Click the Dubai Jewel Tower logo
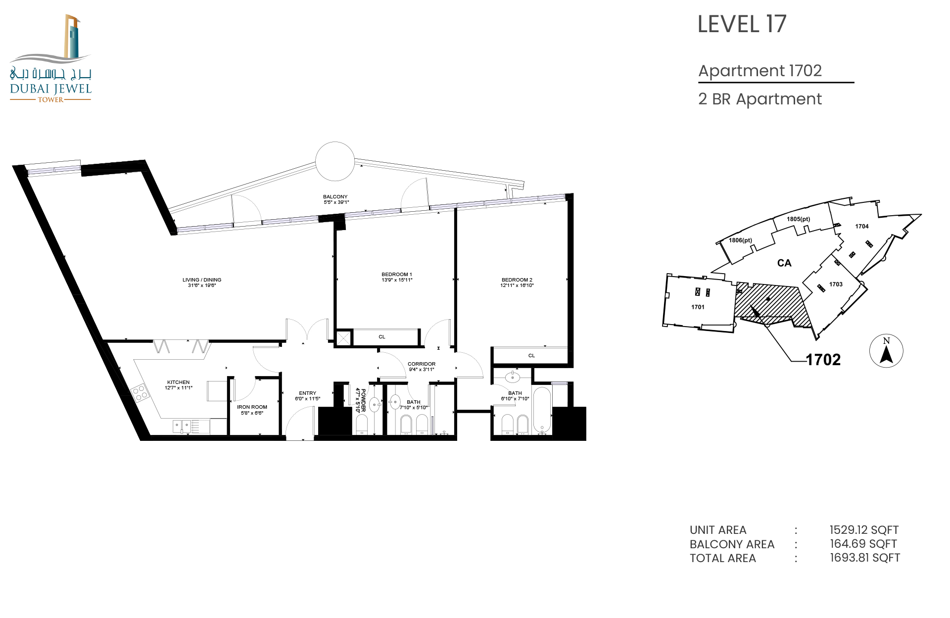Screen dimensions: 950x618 [x=50, y=58]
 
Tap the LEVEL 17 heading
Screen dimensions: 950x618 [x=742, y=24]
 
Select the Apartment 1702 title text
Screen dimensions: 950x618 [x=760, y=71]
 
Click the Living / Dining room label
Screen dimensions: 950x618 [x=202, y=283]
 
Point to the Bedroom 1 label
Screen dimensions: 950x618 [x=397, y=277]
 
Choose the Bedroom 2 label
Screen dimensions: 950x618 [x=517, y=283]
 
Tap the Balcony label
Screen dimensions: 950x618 [x=336, y=199]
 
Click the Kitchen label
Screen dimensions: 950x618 [x=179, y=385]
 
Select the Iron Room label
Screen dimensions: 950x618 [x=252, y=410]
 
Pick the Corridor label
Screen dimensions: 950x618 [x=422, y=367]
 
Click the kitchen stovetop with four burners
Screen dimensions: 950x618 [x=140, y=393]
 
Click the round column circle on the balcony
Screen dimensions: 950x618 [x=335, y=161]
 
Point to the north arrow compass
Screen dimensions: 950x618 [x=886, y=351]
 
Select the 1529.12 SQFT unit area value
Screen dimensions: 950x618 [x=864, y=530]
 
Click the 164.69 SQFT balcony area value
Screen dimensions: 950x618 [x=863, y=544]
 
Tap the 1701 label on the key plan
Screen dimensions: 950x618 [x=698, y=307]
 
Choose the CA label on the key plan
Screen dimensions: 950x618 [x=784, y=263]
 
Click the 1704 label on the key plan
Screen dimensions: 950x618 [x=862, y=227]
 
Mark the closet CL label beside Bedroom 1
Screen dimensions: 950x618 [x=382, y=337]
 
